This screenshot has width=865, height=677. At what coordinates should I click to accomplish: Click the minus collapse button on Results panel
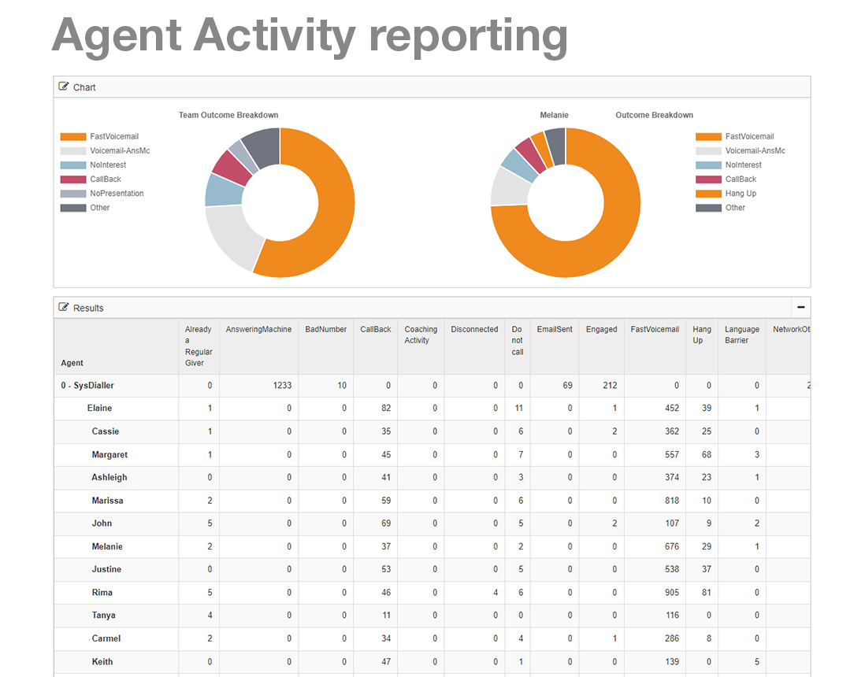[800, 308]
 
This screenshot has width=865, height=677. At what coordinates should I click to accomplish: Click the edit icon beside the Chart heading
[64, 87]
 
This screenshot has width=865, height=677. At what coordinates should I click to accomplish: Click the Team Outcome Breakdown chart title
[228, 115]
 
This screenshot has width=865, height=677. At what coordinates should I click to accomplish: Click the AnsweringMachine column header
[258, 330]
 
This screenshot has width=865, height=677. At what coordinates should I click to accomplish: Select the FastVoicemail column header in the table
[655, 330]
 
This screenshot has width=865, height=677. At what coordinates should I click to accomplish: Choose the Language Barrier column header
[742, 335]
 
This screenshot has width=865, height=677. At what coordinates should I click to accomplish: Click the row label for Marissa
[107, 501]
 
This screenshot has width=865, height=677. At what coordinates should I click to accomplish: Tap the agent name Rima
[102, 593]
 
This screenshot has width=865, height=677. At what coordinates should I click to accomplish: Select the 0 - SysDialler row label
[92, 386]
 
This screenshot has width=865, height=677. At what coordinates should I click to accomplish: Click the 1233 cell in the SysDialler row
[282, 386]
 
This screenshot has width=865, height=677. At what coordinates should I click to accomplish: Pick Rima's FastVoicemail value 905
[670, 593]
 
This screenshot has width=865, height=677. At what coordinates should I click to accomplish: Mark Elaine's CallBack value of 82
[385, 409]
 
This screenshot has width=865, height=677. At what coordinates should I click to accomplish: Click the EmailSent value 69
[567, 386]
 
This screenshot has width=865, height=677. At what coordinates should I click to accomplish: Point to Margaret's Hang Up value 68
[706, 455]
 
